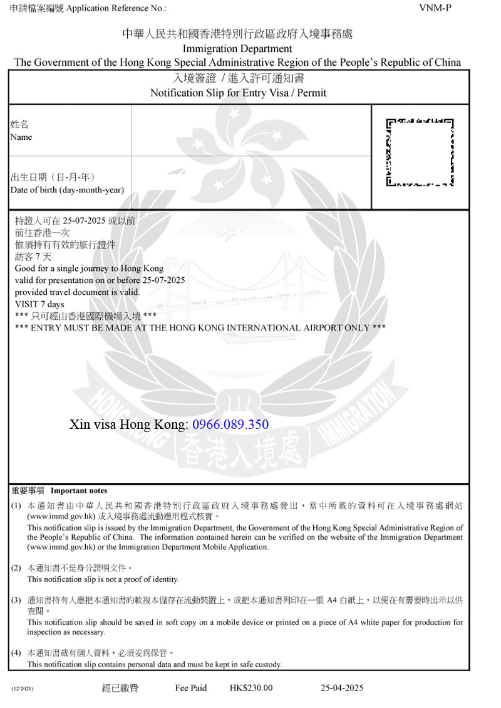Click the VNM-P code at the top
tap(435, 8)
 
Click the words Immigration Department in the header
tap(237, 48)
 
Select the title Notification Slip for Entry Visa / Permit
tap(238, 93)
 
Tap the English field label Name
tap(21, 137)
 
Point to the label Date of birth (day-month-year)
tap(67, 190)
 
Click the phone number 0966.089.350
tap(230, 425)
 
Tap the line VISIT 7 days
tap(39, 304)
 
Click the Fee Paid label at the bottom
tap(191, 688)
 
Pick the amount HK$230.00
tap(251, 688)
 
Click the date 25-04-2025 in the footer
tap(342, 688)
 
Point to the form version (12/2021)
tap(22, 689)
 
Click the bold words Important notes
tap(79, 491)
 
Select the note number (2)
tap(16, 568)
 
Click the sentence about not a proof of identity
tap(103, 579)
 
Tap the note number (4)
tap(16, 653)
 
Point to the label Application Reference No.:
tap(116, 8)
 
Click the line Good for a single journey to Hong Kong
tap(89, 268)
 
